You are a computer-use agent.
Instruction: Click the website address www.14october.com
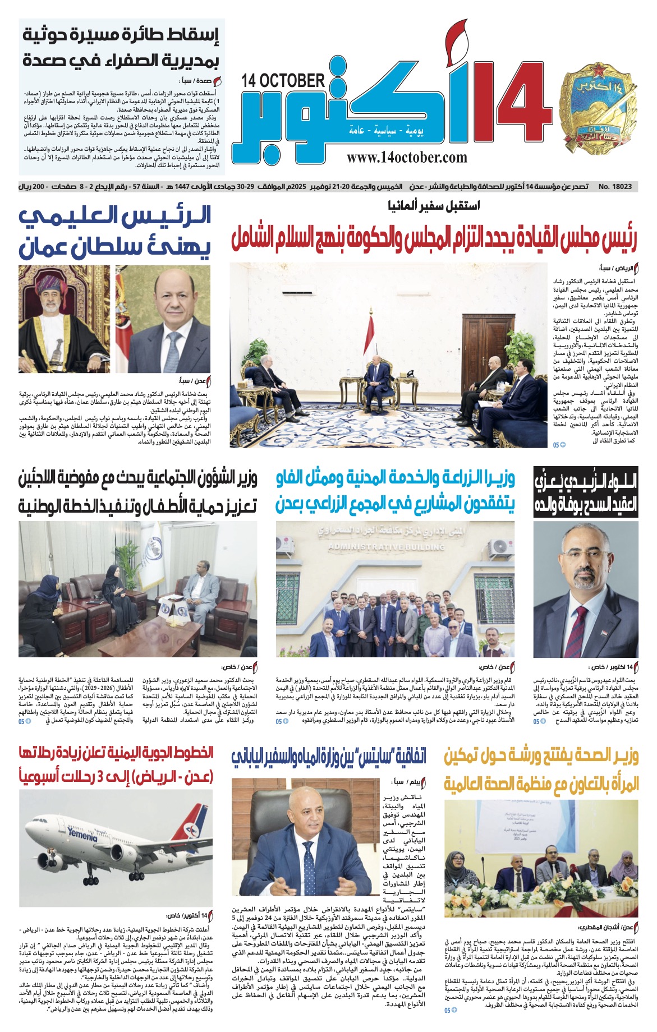(x=407, y=158)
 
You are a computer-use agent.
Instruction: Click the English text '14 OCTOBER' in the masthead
(x=283, y=81)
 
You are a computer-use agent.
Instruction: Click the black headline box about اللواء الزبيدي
(x=586, y=491)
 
